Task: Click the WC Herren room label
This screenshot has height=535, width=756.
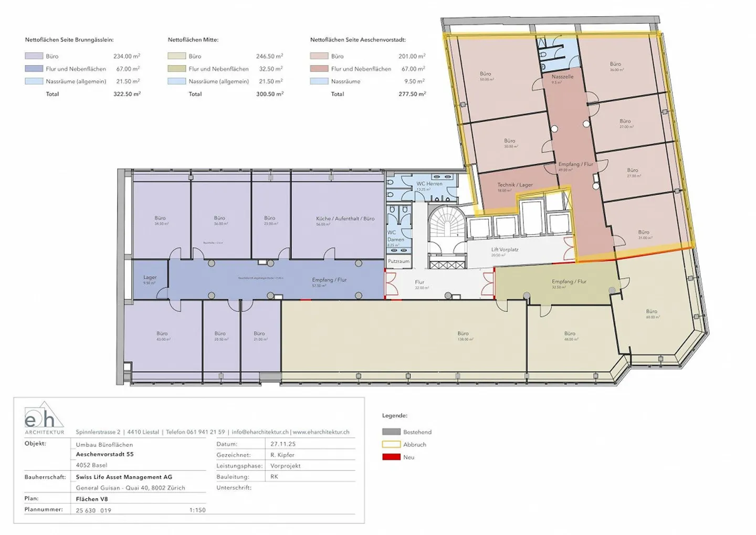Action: pyautogui.click(x=429, y=184)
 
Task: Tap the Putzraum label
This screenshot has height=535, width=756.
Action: pyautogui.click(x=398, y=261)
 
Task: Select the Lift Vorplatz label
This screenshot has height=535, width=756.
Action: pyautogui.click(x=505, y=250)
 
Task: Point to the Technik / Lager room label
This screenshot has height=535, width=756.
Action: pyautogui.click(x=514, y=185)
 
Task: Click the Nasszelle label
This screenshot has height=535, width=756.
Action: pyautogui.click(x=562, y=77)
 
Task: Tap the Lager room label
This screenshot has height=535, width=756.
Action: pyautogui.click(x=150, y=277)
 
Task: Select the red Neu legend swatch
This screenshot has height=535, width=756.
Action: pyautogui.click(x=391, y=457)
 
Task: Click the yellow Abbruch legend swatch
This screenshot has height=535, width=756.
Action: pyautogui.click(x=391, y=445)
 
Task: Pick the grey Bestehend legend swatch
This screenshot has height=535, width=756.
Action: pyautogui.click(x=391, y=432)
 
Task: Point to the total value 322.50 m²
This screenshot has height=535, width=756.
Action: pyautogui.click(x=127, y=94)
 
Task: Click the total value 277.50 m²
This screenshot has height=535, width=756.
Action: pyautogui.click(x=412, y=94)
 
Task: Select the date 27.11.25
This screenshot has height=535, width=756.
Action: pyautogui.click(x=283, y=444)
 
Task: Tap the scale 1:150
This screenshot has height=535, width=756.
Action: pyautogui.click(x=197, y=510)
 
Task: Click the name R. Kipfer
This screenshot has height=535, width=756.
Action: pyautogui.click(x=282, y=455)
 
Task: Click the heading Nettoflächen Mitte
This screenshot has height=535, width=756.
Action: pyautogui.click(x=193, y=40)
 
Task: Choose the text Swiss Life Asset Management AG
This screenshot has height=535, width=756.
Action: pyautogui.click(x=124, y=477)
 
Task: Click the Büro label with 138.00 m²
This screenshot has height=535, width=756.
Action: pyautogui.click(x=463, y=334)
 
